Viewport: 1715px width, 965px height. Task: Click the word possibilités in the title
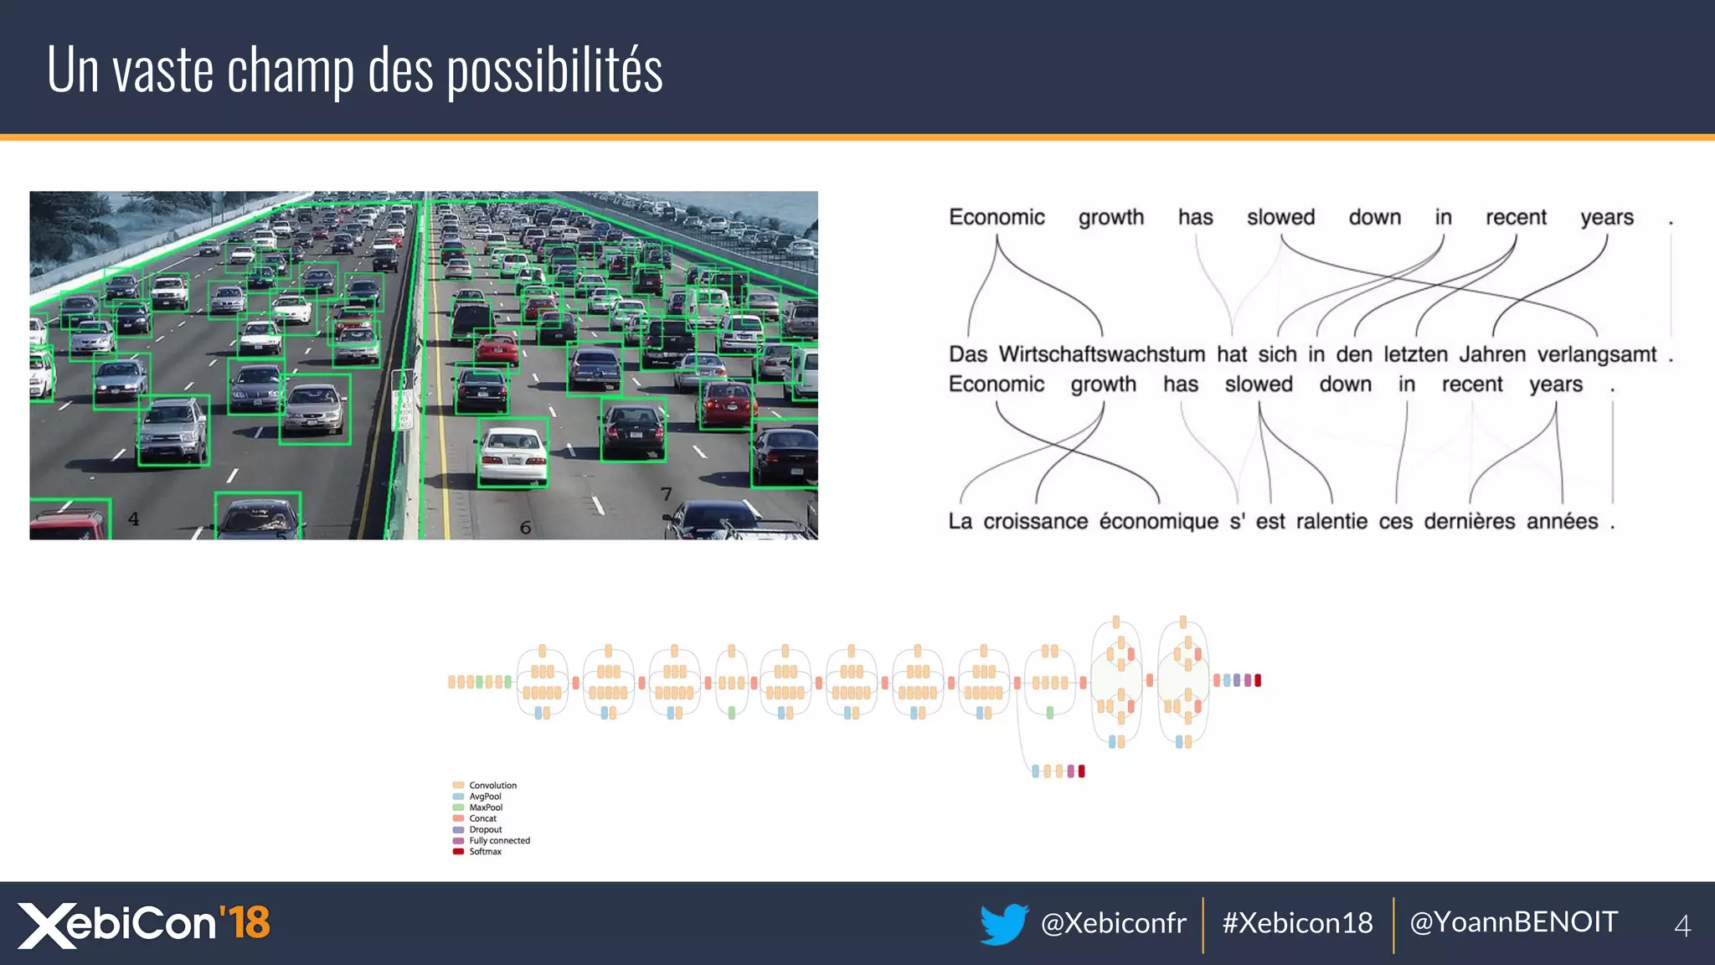[554, 71]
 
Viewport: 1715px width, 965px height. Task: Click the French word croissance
[1035, 521]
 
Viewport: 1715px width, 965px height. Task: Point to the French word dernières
[1469, 521]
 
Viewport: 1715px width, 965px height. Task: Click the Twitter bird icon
[1003, 923]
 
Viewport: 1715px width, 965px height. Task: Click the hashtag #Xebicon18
[1297, 923]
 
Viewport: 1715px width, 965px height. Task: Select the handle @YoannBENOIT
[1513, 922]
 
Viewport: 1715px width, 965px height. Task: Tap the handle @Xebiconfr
[1113, 923]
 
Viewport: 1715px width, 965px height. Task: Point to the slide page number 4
[1682, 926]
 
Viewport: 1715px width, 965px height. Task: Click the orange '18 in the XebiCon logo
[245, 922]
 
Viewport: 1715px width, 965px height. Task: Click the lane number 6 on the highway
[525, 528]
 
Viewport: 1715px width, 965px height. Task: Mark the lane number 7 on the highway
[666, 494]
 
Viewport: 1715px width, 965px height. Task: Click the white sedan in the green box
[512, 453]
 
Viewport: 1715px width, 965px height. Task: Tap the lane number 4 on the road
[133, 519]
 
